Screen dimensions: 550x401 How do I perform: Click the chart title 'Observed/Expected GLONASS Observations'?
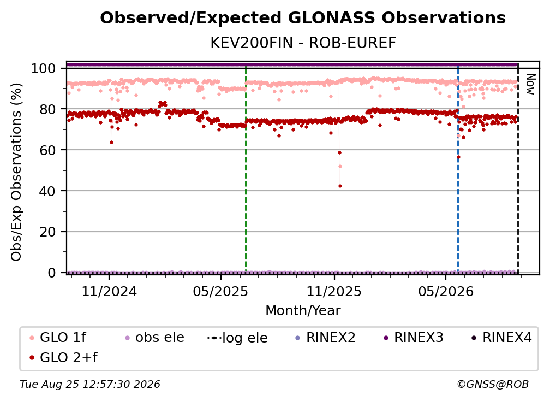click(x=303, y=18)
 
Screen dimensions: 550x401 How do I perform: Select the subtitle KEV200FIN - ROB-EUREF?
click(x=303, y=43)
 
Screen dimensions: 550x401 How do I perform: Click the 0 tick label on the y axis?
click(x=51, y=273)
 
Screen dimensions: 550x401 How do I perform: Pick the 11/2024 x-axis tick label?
click(x=109, y=291)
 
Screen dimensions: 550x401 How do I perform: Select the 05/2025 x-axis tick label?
click(x=220, y=291)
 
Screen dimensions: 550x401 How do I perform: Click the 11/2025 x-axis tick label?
click(x=334, y=291)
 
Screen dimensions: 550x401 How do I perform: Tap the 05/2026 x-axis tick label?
click(x=445, y=291)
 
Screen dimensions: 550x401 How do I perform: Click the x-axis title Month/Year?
click(x=303, y=310)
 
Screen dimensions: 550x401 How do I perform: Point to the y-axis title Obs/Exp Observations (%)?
click(x=16, y=172)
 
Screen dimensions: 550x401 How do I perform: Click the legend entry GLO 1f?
click(x=58, y=338)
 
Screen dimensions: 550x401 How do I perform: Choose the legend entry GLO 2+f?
click(x=63, y=357)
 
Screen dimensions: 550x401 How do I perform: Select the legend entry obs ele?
click(x=152, y=338)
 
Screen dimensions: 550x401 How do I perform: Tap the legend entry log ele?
click(x=237, y=338)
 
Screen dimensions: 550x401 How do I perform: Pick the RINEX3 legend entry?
click(x=414, y=338)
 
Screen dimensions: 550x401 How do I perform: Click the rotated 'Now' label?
click(x=530, y=84)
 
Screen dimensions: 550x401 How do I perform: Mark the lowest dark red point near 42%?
click(x=340, y=186)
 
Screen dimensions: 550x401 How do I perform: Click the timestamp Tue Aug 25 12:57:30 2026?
click(x=90, y=384)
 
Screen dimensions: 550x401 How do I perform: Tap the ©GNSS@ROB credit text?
click(x=493, y=384)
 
